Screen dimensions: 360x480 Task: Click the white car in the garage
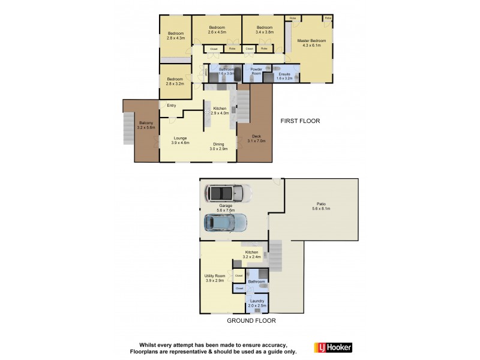(x=227, y=193)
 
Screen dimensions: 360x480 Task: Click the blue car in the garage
(x=226, y=223)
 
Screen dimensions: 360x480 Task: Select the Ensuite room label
(x=284, y=74)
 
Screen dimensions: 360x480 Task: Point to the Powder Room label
(x=257, y=71)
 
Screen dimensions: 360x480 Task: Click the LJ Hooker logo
(x=333, y=347)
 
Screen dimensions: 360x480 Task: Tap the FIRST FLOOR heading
(x=300, y=121)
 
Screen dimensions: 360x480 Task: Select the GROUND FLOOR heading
(x=251, y=321)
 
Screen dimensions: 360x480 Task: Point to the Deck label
(x=256, y=137)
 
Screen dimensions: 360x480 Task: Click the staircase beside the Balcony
(x=127, y=127)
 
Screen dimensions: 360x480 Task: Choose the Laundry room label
(x=257, y=301)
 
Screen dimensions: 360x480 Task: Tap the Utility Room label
(x=215, y=276)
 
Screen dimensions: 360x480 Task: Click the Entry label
(x=172, y=106)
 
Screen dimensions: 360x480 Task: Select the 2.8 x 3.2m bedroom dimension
(x=175, y=83)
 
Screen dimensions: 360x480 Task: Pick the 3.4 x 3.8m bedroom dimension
(x=265, y=32)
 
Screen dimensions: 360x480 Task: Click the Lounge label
(x=180, y=138)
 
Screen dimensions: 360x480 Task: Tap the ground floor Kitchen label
(x=251, y=253)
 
